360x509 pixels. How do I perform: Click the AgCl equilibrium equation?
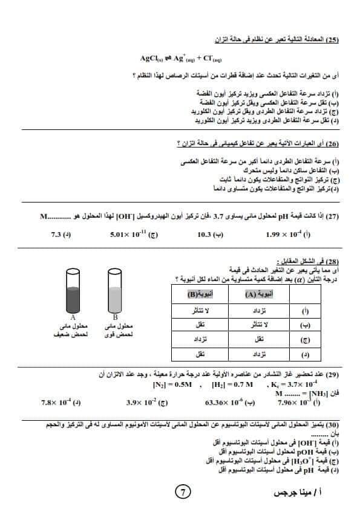click(180, 58)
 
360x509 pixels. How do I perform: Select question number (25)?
click(333, 40)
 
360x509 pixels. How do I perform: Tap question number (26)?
click(332, 144)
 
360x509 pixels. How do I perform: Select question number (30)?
click(332, 426)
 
